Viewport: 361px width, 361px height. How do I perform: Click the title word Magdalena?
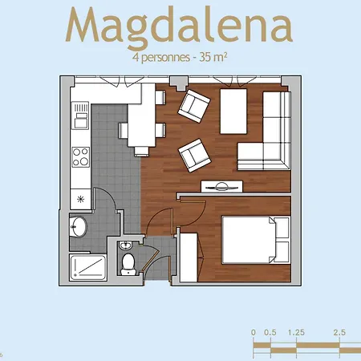[x=179, y=26]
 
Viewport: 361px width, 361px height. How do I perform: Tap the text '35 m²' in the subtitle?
[x=213, y=57]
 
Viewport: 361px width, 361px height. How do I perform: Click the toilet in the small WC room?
[x=128, y=264]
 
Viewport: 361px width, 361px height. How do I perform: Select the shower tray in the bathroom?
[x=88, y=267]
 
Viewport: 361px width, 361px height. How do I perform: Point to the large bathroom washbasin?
[x=79, y=226]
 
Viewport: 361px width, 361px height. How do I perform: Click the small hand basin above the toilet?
[x=125, y=245]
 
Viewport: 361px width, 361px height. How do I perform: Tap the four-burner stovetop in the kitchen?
[x=80, y=157]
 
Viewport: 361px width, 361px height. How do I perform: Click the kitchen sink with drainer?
[x=80, y=116]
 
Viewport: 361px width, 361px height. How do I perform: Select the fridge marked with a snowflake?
[x=80, y=199]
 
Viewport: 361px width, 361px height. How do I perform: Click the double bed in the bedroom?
[x=256, y=240]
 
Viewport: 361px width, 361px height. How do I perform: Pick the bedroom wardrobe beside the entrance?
[x=189, y=258]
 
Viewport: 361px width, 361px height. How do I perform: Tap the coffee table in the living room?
[x=233, y=112]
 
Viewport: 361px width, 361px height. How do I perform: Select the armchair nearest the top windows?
[x=194, y=106]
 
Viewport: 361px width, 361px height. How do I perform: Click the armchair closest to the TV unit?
[x=195, y=155]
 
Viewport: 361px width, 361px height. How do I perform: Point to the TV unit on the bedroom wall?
[x=222, y=186]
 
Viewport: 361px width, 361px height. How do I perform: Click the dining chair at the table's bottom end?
[x=141, y=152]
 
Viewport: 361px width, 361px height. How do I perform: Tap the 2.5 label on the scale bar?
[x=339, y=332]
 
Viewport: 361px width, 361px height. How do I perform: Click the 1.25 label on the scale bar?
[x=296, y=332]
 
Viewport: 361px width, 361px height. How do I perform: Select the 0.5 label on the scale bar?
[x=270, y=332]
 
